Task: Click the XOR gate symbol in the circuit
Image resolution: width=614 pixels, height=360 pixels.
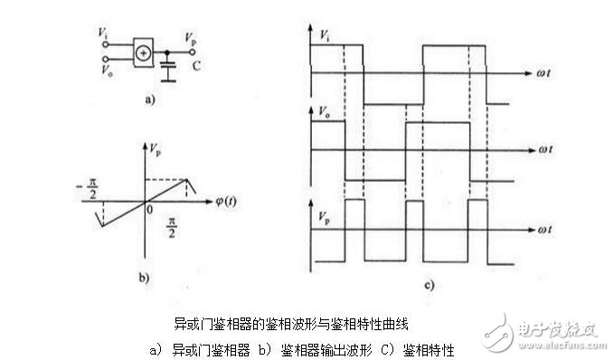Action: (143, 53)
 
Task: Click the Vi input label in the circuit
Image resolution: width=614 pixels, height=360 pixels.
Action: (104, 33)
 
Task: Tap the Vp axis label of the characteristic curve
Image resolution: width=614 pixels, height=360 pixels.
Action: (156, 145)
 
